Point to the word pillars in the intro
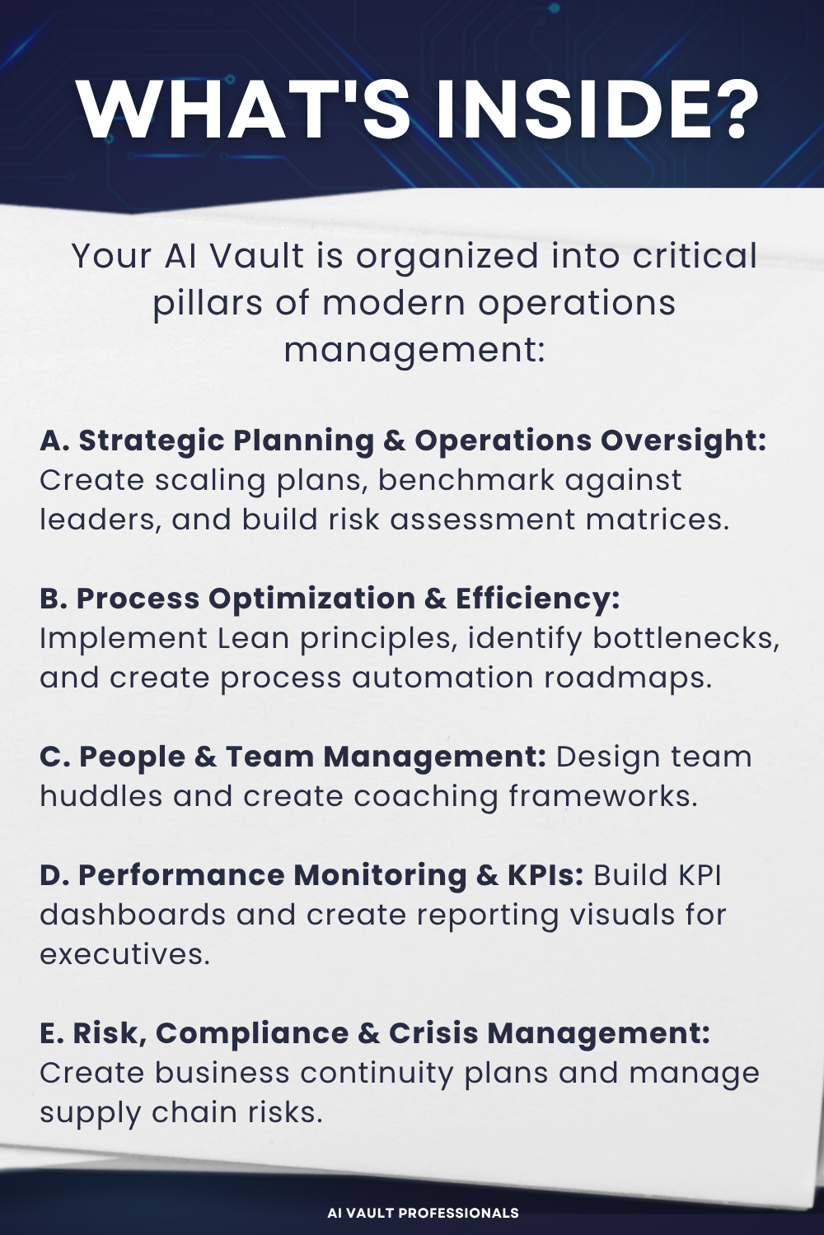[x=208, y=303]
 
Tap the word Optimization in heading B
[x=311, y=599]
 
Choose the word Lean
[x=253, y=638]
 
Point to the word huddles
[x=101, y=796]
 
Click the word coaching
[x=426, y=796]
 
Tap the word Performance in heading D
[x=180, y=875]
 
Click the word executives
[x=124, y=954]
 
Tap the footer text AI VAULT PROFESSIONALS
[x=423, y=1213]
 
